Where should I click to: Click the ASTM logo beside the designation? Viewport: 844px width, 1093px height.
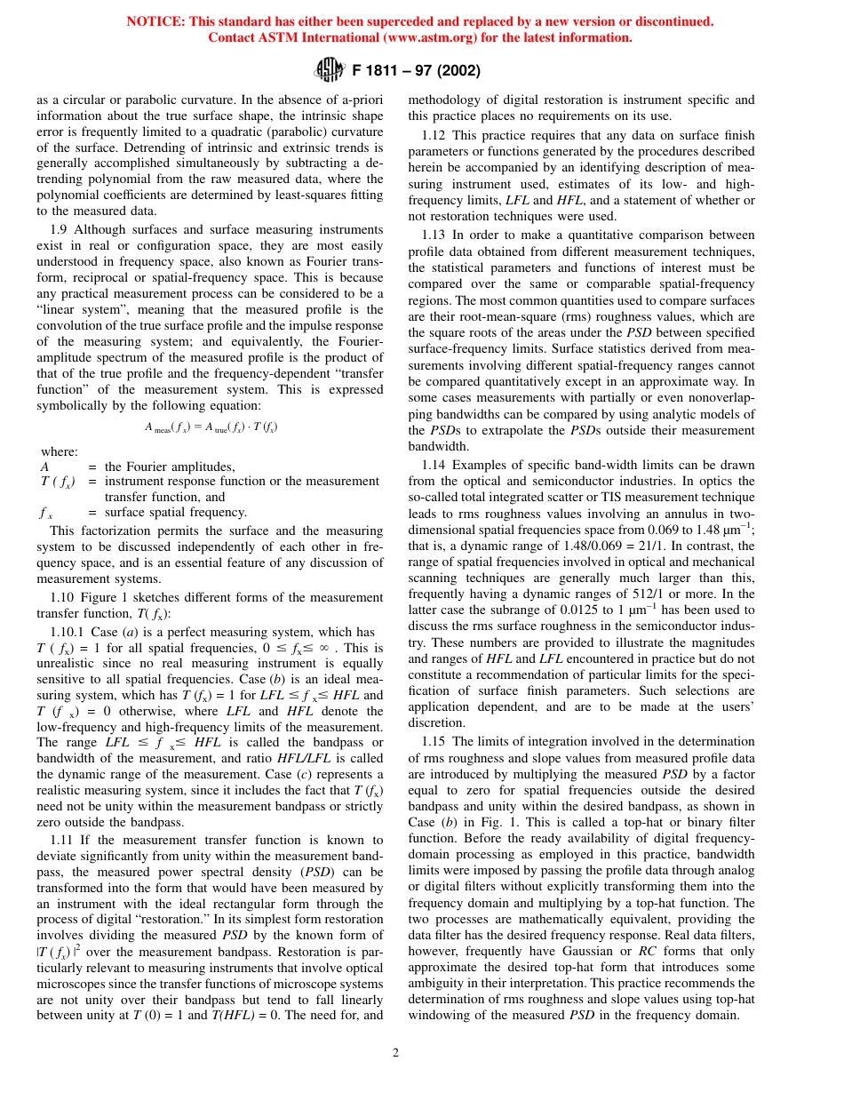pyautogui.click(x=329, y=70)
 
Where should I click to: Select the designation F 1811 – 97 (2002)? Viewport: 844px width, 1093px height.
pyautogui.click(x=417, y=71)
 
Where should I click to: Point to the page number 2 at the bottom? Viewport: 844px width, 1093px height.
pyautogui.click(x=396, y=1053)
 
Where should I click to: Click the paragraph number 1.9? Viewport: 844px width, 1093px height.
pyautogui.click(x=60, y=229)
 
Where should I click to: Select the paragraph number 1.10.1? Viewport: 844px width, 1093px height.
pyautogui.click(x=69, y=631)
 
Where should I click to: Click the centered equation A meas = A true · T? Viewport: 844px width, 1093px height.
pyautogui.click(x=211, y=427)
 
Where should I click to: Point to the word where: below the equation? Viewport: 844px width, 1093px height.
pyautogui.click(x=60, y=451)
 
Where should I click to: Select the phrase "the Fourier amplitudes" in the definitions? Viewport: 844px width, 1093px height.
pyautogui.click(x=170, y=467)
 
